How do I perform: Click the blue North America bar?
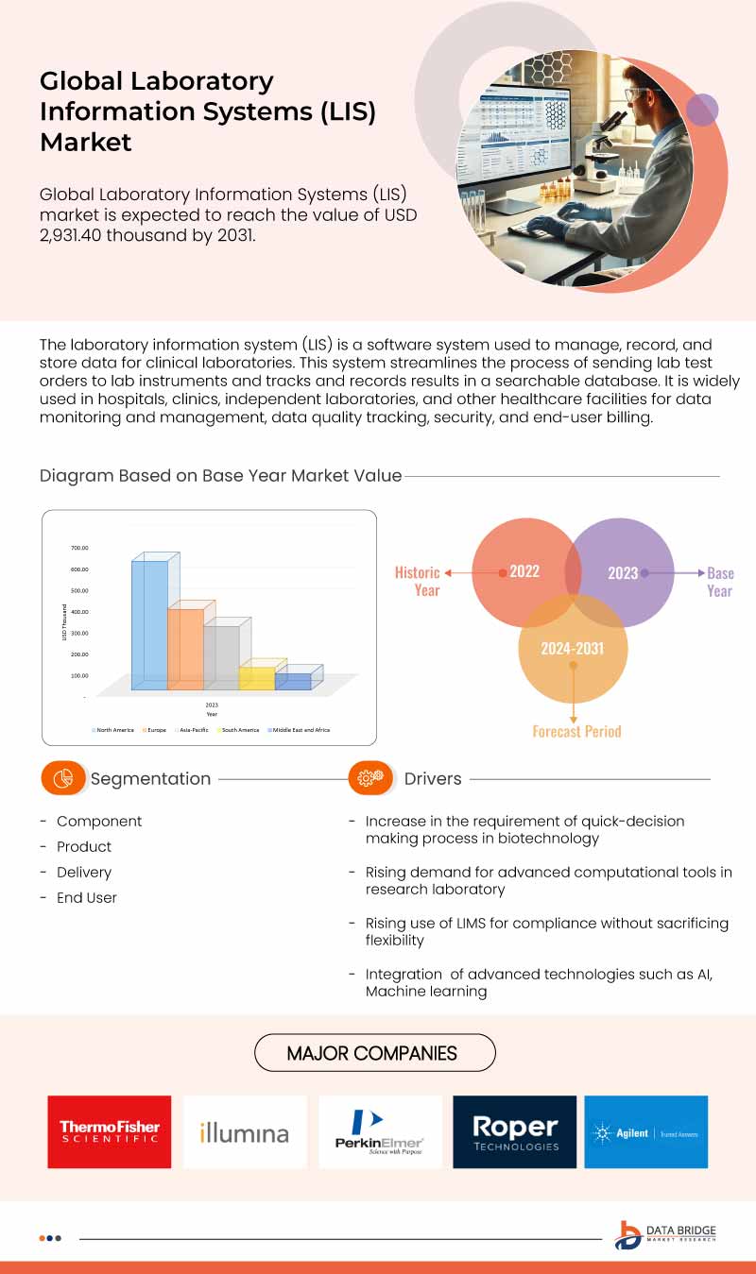tap(149, 623)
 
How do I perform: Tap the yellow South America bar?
tap(256, 677)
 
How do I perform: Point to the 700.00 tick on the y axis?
tap(79, 548)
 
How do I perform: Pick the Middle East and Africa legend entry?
tap(299, 730)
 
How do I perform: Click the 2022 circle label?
tap(524, 572)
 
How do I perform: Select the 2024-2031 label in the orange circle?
tap(572, 649)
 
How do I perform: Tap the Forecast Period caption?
tap(576, 731)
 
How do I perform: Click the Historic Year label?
tap(418, 581)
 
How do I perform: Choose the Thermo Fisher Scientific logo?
tap(110, 1131)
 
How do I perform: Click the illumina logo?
tap(245, 1131)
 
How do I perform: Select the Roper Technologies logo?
tap(515, 1131)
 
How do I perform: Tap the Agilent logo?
tap(645, 1131)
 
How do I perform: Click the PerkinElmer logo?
tap(380, 1131)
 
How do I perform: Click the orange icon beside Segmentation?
tap(62, 778)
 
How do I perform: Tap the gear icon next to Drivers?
tap(370, 778)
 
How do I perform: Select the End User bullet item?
tap(87, 898)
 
